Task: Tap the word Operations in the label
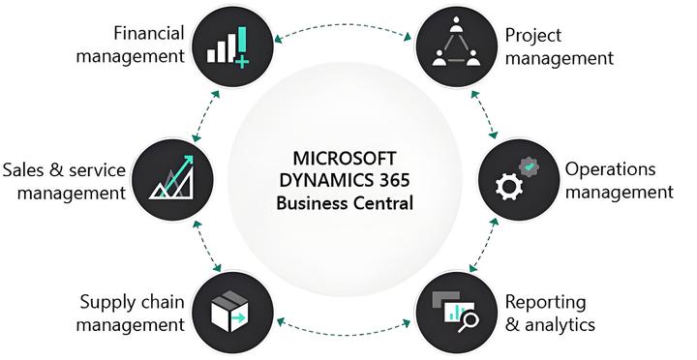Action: [611, 169]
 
